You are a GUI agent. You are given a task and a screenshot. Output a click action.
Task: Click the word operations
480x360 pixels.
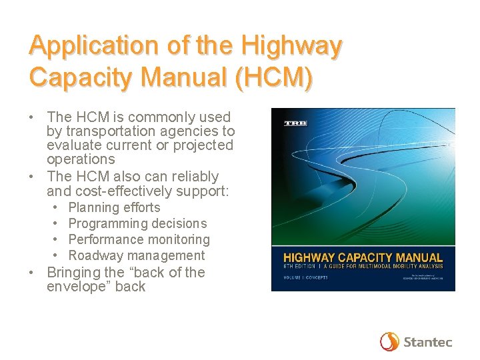point(81,159)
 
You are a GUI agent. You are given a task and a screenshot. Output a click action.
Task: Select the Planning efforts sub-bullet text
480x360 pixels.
point(114,207)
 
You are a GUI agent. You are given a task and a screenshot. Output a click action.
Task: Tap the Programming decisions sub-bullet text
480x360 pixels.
point(137,223)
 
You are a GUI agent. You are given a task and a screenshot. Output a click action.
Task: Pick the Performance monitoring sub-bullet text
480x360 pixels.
point(139,239)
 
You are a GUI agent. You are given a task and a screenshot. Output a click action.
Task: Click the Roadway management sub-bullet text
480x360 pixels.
point(137,255)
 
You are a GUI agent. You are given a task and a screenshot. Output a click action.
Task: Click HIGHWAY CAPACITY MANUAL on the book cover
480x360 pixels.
point(363,257)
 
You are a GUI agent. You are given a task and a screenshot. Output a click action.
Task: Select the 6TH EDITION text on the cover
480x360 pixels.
point(299,267)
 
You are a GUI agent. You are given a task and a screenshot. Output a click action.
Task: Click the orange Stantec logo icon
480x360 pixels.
point(389,341)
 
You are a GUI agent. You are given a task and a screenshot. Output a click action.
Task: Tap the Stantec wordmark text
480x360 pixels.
point(427,342)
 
